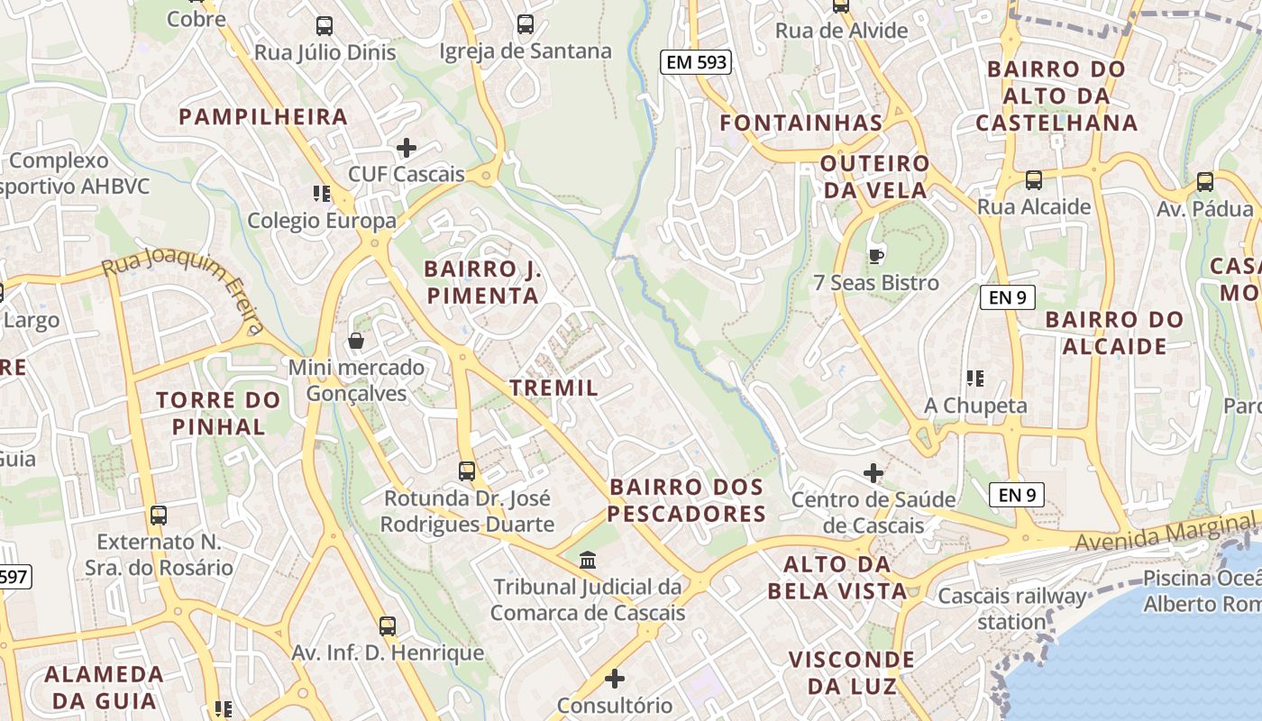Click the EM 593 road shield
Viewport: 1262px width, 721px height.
[695, 62]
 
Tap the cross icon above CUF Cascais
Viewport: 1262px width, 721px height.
[407, 148]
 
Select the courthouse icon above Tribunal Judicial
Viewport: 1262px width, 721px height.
[588, 561]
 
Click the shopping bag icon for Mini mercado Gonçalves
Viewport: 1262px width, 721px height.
[356, 342]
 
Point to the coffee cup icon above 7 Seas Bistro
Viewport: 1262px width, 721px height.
[875, 257]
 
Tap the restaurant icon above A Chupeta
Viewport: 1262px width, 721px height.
[974, 379]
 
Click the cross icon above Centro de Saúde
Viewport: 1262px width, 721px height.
[873, 472]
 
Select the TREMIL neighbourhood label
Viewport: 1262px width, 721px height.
[553, 388]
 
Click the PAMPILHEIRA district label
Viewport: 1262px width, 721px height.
[263, 116]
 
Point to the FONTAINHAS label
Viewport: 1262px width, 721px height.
[800, 123]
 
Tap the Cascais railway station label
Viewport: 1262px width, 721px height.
[1011, 608]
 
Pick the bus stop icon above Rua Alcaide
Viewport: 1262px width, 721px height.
[1033, 180]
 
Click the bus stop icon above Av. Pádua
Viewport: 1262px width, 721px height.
[1204, 182]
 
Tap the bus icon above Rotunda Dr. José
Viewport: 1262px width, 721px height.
[467, 470]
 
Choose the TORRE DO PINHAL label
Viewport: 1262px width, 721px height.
[218, 413]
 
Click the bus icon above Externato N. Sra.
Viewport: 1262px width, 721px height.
[159, 516]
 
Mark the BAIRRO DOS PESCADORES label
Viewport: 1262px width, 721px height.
[687, 500]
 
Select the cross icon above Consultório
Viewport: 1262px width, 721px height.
[615, 678]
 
